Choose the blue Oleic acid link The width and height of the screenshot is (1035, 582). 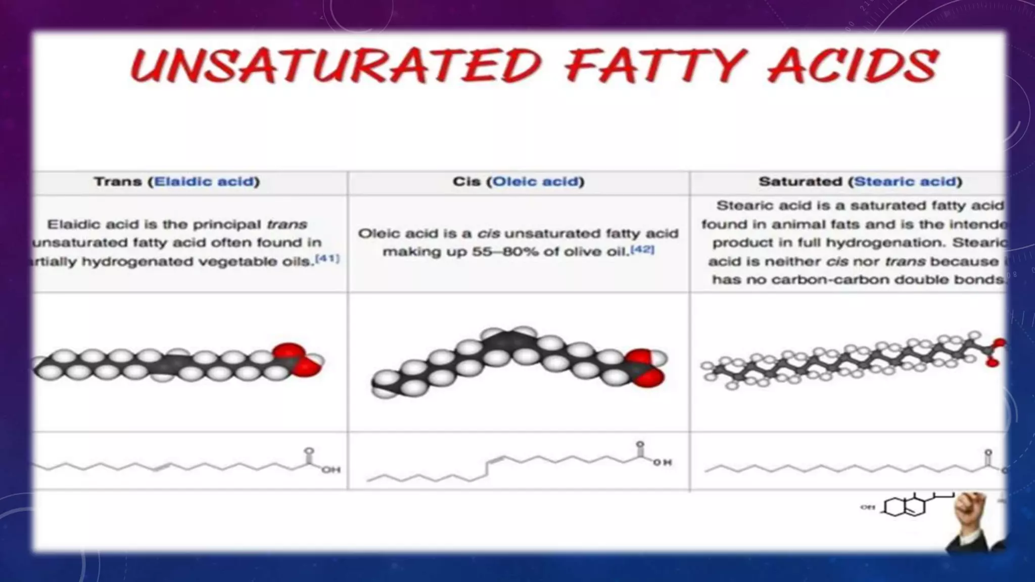point(535,182)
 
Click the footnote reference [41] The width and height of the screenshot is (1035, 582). point(327,259)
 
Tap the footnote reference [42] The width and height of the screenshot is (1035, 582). point(642,249)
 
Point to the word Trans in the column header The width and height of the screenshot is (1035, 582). point(117,182)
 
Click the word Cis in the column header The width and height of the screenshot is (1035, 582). point(466,182)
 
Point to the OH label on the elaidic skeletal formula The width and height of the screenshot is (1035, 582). point(331,470)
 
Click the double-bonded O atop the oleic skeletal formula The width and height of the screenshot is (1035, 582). point(640,445)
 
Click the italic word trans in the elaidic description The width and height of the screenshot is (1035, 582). point(287,224)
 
